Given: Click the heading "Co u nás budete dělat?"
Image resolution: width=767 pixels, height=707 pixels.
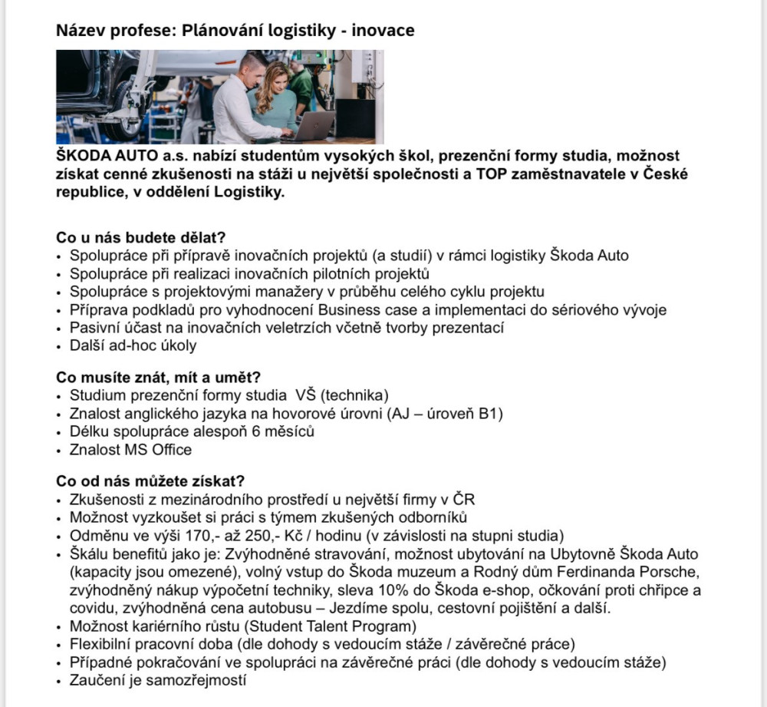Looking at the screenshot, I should [141, 238].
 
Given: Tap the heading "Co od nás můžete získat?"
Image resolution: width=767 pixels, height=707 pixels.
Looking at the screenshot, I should [151, 481].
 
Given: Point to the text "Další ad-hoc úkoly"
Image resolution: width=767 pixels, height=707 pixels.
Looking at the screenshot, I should [133, 345].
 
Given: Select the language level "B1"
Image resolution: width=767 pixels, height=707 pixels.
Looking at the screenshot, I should [491, 415].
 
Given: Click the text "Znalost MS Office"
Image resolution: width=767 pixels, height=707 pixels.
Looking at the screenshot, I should [130, 450].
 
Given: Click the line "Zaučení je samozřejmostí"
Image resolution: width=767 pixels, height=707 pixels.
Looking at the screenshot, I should [157, 679].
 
